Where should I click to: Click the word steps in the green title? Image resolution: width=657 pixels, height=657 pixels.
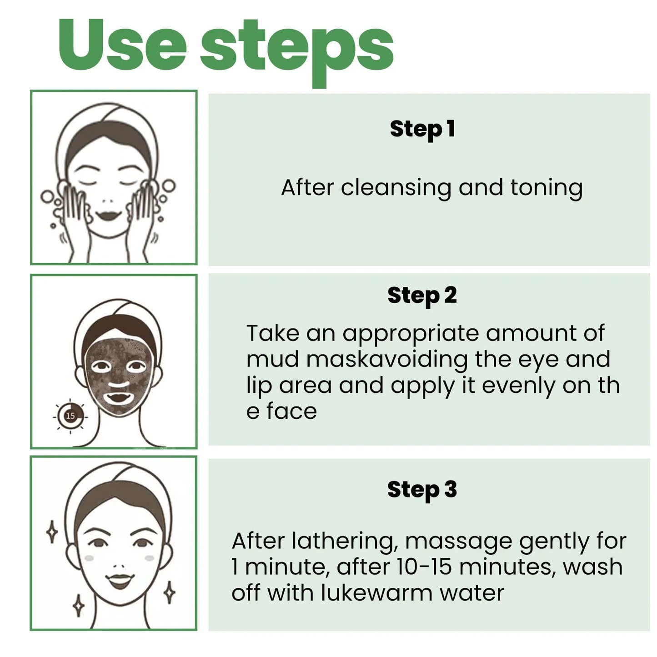[x=296, y=49]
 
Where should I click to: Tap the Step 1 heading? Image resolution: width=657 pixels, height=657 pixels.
[x=422, y=129]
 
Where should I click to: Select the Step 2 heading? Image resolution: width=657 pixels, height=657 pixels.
[x=422, y=296]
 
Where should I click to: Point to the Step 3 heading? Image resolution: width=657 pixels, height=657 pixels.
[x=422, y=490]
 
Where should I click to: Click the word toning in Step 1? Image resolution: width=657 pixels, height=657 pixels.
[x=546, y=188]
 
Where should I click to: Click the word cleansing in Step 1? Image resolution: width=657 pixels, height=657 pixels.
[x=396, y=188]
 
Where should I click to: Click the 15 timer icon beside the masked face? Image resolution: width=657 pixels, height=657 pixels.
[x=70, y=416]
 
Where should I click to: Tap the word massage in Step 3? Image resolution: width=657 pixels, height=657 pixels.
[x=458, y=542]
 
